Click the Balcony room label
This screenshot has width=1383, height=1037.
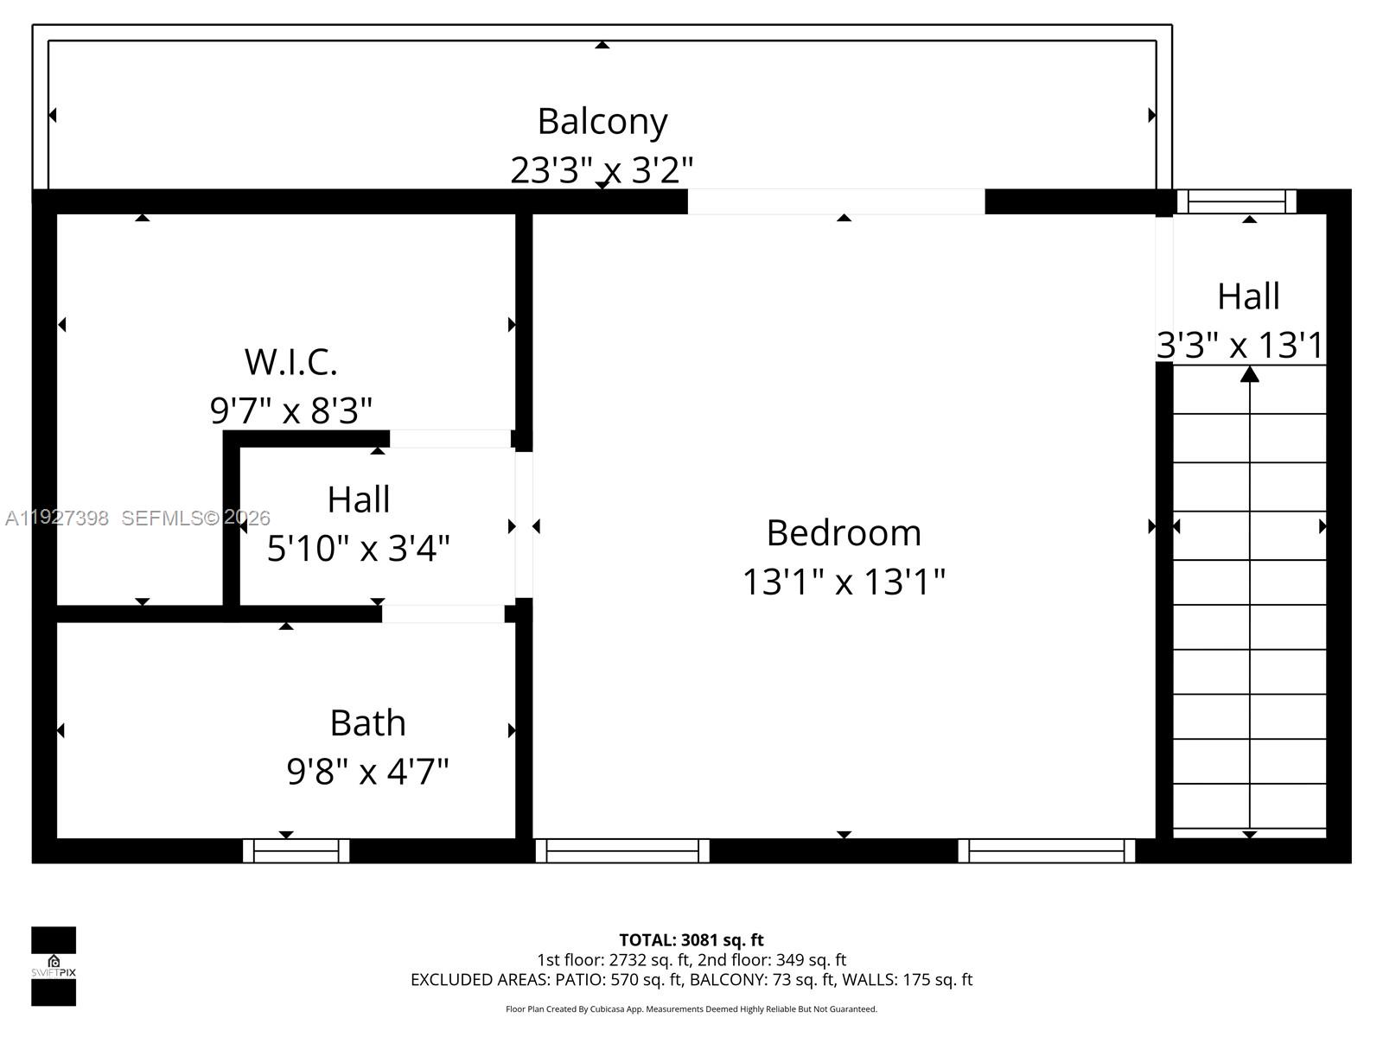[602, 121]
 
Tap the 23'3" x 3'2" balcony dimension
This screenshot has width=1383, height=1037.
[602, 169]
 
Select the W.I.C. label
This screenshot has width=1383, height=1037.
[290, 361]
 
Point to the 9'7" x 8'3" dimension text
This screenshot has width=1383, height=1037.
[290, 410]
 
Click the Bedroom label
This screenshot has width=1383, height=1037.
[844, 532]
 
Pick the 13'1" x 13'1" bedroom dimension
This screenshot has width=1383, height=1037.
[844, 581]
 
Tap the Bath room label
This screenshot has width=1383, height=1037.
[367, 722]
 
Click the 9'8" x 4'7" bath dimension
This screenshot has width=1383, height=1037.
[367, 771]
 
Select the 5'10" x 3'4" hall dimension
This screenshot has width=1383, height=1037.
[358, 548]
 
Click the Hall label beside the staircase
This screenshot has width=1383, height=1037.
[1248, 296]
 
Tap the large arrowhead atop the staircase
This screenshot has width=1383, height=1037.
[1249, 374]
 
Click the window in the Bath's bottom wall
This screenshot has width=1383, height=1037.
[296, 851]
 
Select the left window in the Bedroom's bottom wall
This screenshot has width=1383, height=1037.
[622, 851]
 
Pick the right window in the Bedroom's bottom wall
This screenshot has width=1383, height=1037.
[1046, 851]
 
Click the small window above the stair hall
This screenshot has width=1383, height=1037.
[1237, 201]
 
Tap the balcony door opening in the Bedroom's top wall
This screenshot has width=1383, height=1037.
[836, 201]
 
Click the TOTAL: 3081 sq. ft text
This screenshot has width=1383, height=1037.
[691, 939]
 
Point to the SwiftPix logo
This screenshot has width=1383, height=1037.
[54, 966]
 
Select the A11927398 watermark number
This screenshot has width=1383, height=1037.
[57, 518]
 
